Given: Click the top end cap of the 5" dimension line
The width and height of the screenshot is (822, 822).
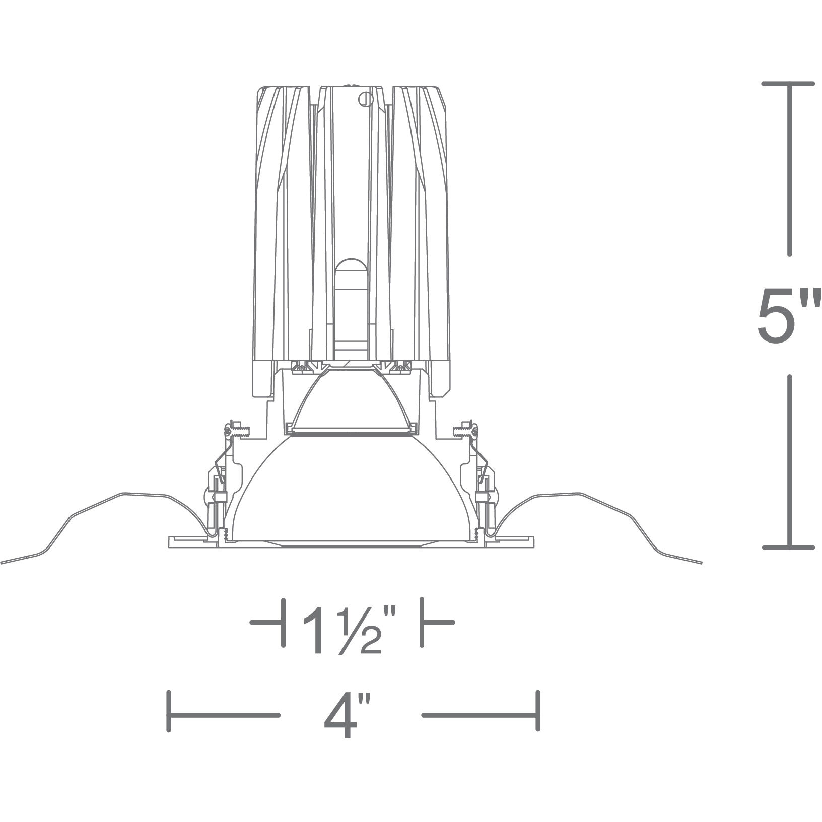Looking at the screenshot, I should pos(789,84).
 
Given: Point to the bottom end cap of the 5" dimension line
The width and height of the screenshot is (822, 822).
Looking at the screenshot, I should pos(789,546).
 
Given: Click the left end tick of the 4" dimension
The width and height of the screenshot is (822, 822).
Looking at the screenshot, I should pos(169,714).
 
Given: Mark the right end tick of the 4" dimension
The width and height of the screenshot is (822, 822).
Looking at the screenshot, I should pos(538,714).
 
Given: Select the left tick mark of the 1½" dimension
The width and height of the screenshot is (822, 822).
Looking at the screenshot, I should pos(283,623).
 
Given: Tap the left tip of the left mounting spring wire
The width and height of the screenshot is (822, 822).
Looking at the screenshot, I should pos(2,563).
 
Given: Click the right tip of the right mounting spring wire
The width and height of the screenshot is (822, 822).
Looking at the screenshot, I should pos(700,563).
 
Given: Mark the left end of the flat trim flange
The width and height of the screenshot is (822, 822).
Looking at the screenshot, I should pos(169,541).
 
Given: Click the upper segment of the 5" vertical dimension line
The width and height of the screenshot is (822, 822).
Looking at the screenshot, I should pos(789,176).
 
